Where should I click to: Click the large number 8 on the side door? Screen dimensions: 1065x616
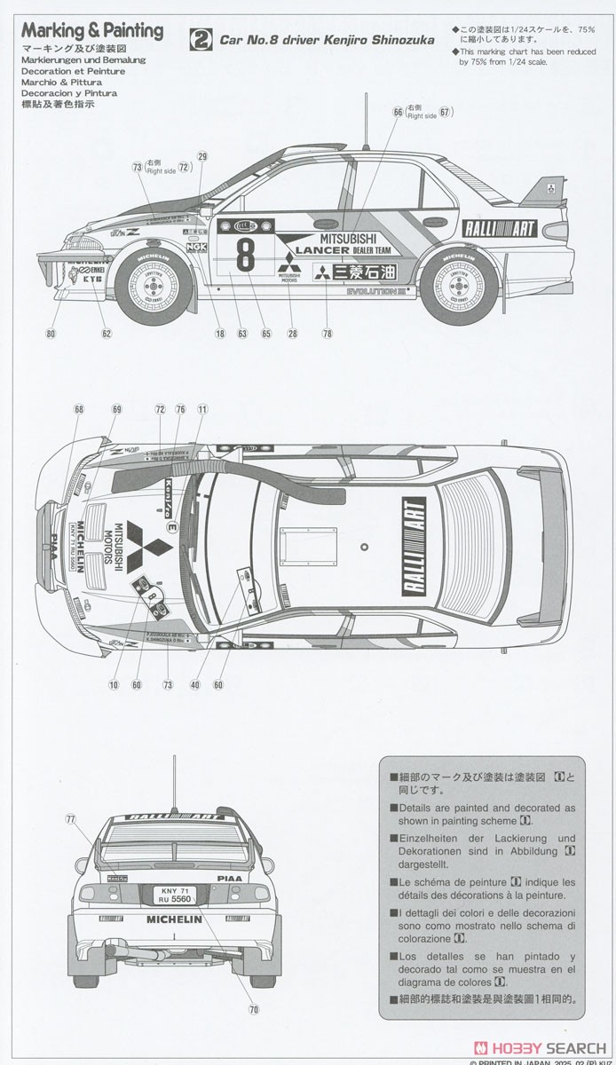click(x=244, y=253)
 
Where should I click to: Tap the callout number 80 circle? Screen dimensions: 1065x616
click(x=51, y=334)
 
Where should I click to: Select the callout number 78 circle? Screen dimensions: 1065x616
click(x=328, y=334)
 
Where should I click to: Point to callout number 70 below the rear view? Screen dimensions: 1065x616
click(x=253, y=1009)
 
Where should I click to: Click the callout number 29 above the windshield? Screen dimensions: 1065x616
click(x=202, y=157)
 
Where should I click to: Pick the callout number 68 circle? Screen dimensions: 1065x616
click(x=79, y=409)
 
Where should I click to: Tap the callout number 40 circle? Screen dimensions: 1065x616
click(x=195, y=684)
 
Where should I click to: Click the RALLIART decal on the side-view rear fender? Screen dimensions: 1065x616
click(x=500, y=228)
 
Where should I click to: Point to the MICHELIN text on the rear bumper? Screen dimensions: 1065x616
click(x=174, y=919)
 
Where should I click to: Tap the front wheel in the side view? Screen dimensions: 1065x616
click(x=154, y=285)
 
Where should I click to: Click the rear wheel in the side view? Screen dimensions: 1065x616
click(x=460, y=286)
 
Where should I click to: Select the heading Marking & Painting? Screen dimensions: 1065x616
click(x=91, y=31)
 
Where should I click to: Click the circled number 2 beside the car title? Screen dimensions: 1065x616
click(x=203, y=39)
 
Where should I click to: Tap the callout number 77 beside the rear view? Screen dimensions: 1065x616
click(x=71, y=819)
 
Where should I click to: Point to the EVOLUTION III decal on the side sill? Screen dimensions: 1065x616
click(x=375, y=290)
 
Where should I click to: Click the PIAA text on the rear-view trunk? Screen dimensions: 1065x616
click(x=229, y=877)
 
